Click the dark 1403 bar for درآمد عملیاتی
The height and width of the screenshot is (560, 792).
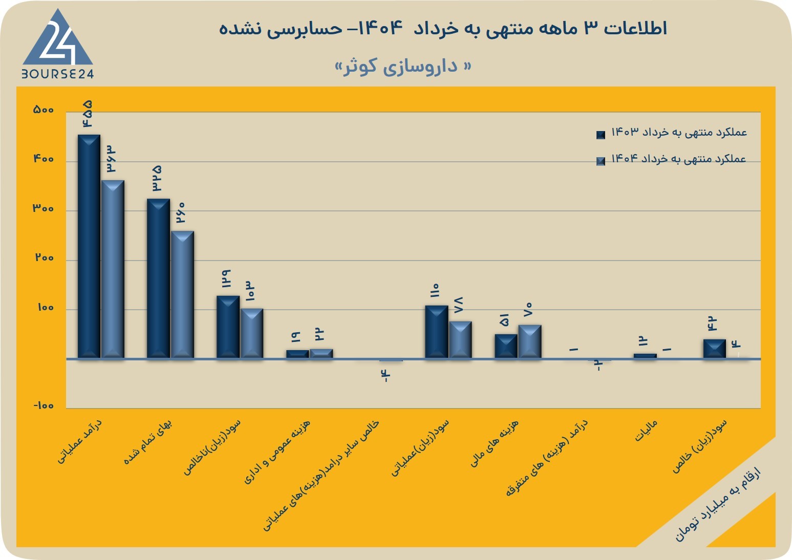[89, 246]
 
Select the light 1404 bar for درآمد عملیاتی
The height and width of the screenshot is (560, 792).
[113, 269]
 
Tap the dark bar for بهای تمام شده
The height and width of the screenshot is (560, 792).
[158, 278]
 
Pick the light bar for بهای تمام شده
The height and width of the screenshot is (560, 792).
[182, 295]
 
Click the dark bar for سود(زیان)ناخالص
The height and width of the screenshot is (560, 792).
[228, 327]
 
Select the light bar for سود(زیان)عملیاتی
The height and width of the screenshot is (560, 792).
[460, 340]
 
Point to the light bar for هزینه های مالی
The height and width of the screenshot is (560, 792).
[530, 341]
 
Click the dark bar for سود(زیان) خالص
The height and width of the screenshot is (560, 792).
[715, 349]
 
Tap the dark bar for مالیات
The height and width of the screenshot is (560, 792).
[645, 356]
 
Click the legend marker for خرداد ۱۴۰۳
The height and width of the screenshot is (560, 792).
[601, 135]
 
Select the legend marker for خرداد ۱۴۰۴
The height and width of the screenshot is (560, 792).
[601, 161]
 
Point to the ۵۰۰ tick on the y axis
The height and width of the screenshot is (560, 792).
[43, 110]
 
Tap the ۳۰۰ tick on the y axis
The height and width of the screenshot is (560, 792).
[43, 208]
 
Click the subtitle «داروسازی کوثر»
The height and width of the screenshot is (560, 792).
[403, 67]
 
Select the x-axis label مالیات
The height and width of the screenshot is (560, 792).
[646, 430]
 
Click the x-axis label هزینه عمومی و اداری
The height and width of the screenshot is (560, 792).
[277, 452]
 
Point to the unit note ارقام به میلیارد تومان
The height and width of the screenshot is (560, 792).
[718, 509]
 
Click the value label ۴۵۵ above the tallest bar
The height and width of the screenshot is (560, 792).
[88, 114]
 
